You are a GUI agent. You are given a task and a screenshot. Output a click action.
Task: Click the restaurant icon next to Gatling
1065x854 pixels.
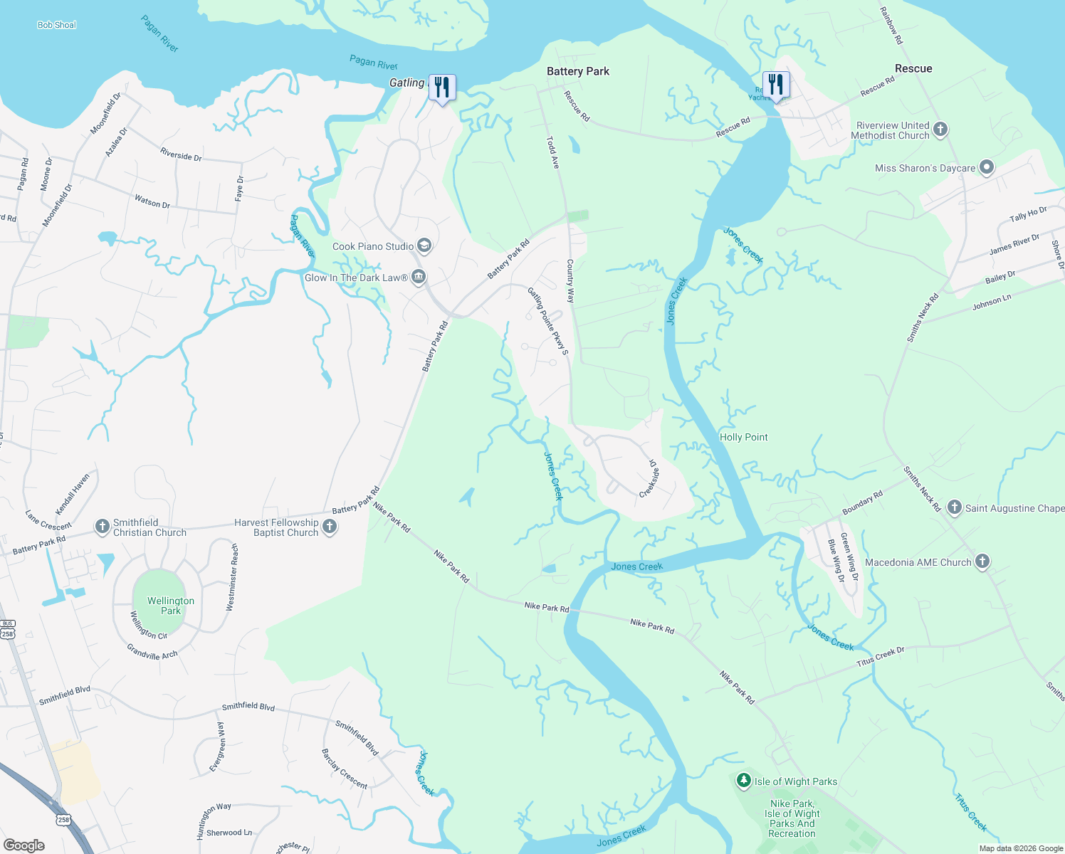pos(442,88)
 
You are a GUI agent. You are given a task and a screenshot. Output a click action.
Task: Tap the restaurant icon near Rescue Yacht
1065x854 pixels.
pos(776,85)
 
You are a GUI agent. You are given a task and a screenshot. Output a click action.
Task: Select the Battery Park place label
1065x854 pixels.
pos(577,71)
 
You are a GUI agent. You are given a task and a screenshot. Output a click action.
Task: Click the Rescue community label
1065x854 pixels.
pos(913,68)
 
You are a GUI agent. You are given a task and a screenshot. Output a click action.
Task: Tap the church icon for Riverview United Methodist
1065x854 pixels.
pos(940,130)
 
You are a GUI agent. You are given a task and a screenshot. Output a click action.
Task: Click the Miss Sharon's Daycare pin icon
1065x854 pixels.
pos(986,168)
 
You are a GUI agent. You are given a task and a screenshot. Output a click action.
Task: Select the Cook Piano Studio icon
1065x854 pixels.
pos(424,246)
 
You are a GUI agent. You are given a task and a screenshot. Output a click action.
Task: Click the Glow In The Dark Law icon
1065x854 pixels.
pos(419,277)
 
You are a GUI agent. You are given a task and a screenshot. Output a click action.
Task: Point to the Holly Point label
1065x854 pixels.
pos(743,437)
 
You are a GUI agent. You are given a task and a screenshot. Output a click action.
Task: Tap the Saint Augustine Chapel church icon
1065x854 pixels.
pos(955,507)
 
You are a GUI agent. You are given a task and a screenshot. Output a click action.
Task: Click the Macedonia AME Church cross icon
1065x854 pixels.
pos(982,562)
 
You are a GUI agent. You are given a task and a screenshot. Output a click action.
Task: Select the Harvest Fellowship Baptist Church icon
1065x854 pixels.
pos(330,527)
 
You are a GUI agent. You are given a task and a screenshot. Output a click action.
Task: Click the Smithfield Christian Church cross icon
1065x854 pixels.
pos(102,527)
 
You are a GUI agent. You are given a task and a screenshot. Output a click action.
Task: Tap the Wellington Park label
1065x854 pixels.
pos(170,606)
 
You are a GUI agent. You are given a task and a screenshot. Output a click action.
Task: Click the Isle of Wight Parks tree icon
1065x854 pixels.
pos(743,781)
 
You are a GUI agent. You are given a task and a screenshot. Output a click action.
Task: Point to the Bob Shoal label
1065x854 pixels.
pos(56,25)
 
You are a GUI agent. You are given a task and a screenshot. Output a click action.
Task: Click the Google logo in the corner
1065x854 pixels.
pos(24,845)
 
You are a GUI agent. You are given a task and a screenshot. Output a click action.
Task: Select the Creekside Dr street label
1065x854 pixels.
pos(649,478)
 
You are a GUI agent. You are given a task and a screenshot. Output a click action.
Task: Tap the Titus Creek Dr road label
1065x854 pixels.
pos(880,657)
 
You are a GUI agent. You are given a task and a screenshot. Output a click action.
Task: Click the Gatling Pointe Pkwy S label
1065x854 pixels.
pos(548,321)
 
